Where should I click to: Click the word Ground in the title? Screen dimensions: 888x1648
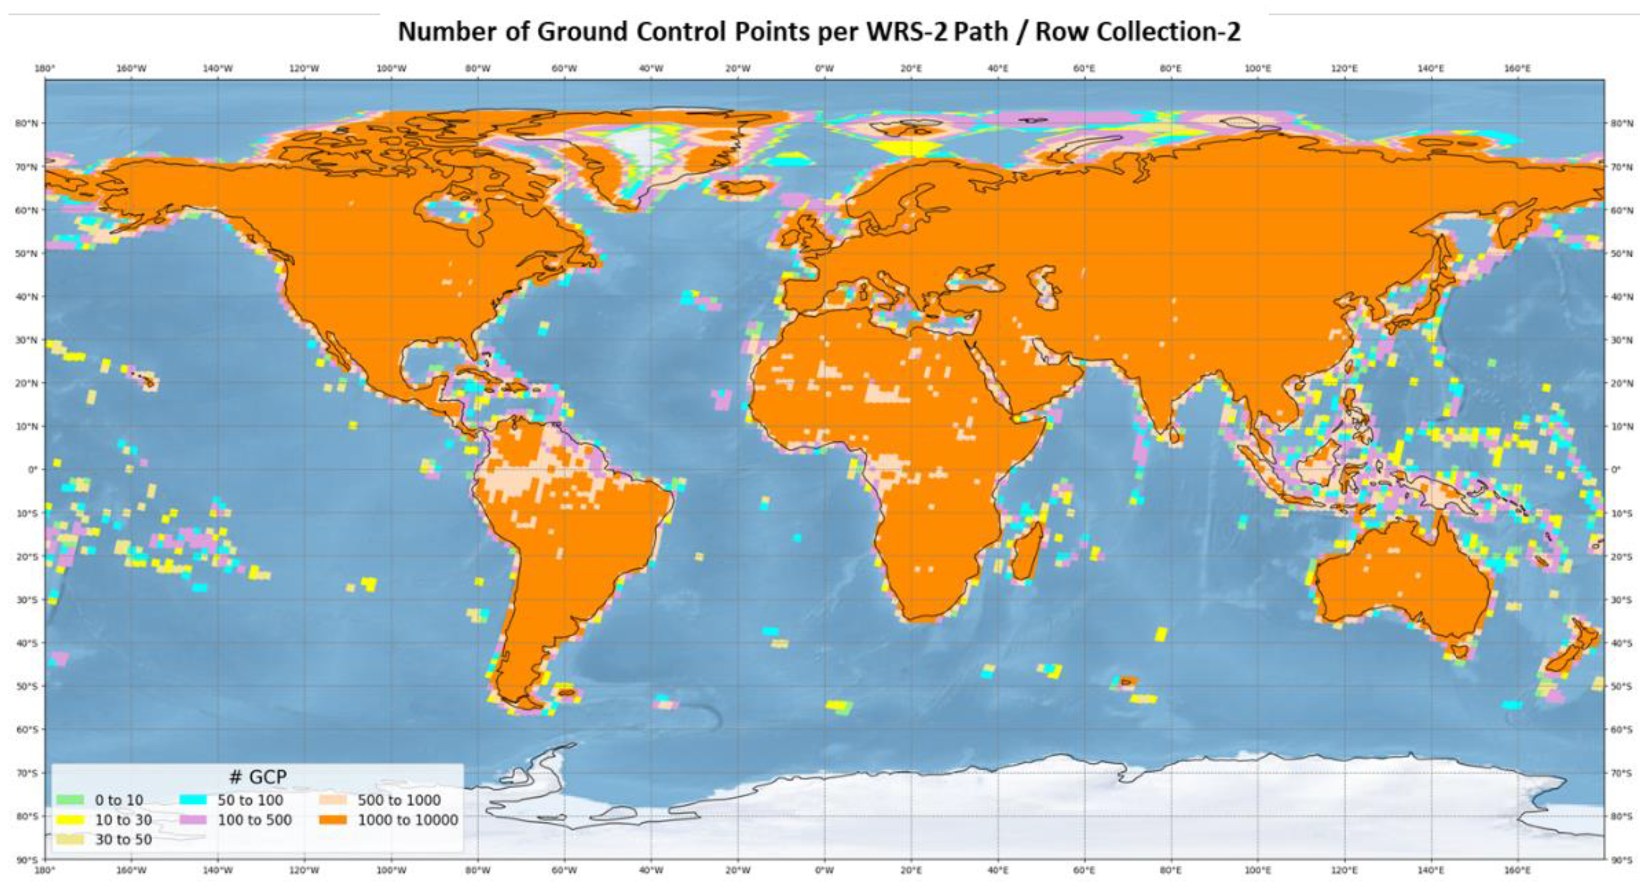click(x=582, y=31)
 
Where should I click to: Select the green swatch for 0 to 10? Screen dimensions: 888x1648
click(x=70, y=800)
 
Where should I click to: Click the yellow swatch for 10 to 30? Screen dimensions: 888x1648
click(x=70, y=820)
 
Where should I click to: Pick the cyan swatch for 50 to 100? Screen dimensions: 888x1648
click(x=193, y=800)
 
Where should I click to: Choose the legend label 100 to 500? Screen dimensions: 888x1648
click(x=254, y=820)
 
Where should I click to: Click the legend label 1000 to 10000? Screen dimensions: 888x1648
click(x=408, y=820)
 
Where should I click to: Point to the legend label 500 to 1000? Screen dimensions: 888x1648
click(x=399, y=800)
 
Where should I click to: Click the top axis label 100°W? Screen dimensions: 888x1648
click(x=391, y=68)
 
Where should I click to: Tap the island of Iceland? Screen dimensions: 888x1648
click(x=742, y=186)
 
